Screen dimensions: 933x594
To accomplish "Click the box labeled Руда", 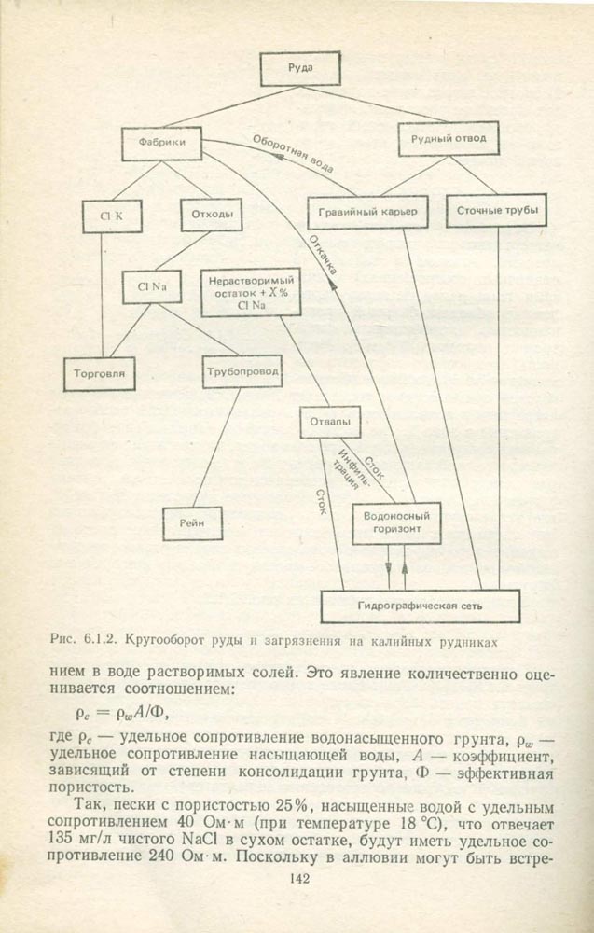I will point(294,69).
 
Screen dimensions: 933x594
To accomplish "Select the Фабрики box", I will point(161,143).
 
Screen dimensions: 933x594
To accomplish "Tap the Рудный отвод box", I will point(442,140).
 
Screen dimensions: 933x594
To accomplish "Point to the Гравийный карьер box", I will point(366,212).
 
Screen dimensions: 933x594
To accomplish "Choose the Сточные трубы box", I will point(496,211).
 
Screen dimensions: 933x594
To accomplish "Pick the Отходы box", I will point(211,216).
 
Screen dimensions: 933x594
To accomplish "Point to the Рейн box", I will point(193,523).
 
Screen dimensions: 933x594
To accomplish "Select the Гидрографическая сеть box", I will point(419,606).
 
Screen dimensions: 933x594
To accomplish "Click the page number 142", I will point(299,878).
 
